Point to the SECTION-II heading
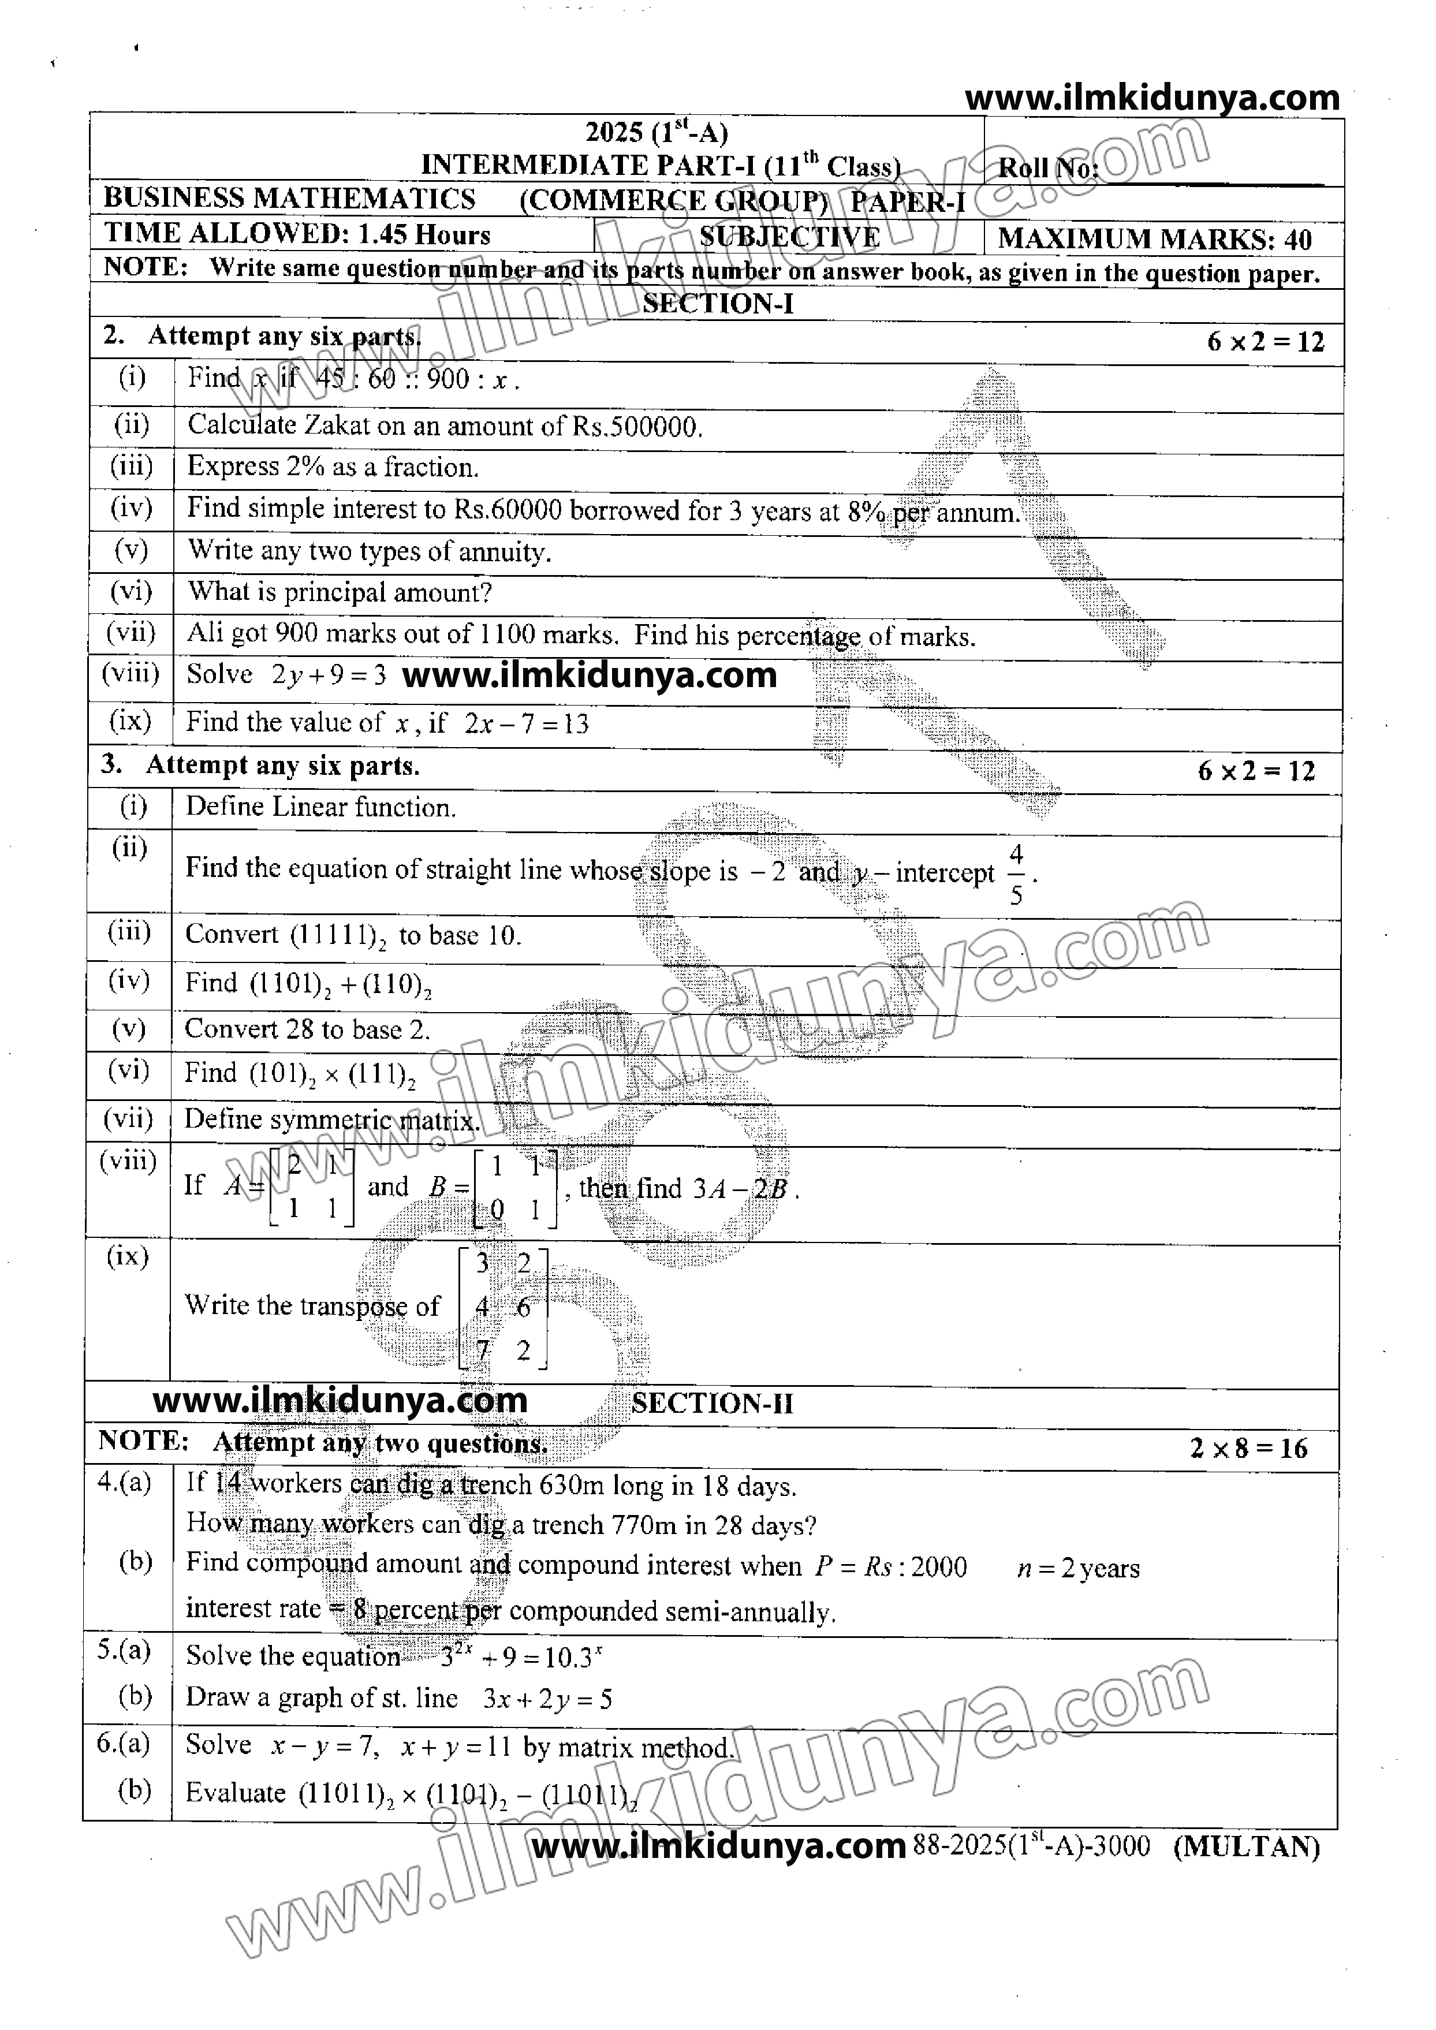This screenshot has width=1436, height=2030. tap(712, 1403)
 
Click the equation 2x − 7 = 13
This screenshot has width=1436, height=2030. tap(526, 723)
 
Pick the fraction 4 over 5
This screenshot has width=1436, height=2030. tap(1016, 875)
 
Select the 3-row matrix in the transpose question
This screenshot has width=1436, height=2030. tap(502, 1308)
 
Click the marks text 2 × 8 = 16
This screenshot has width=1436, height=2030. tap(1248, 1448)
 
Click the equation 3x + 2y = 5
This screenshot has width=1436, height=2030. tap(547, 1699)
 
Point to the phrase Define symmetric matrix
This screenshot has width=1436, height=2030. tap(331, 1120)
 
